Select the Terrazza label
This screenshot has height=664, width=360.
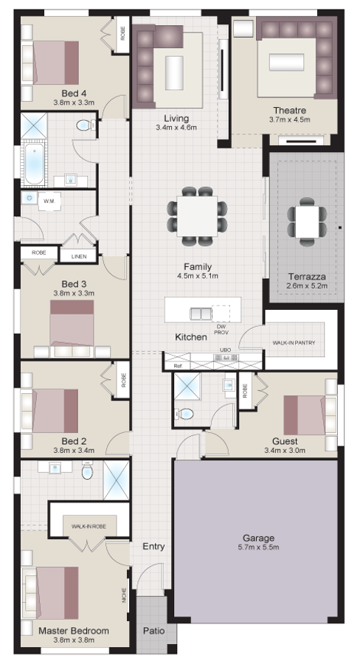(306, 277)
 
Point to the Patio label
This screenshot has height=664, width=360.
(153, 632)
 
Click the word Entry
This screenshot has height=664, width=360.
(153, 547)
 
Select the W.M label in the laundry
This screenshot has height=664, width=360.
(49, 201)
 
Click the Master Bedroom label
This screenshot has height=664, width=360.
(74, 631)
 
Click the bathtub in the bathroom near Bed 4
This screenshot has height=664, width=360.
(32, 165)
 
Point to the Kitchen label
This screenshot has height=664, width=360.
(190, 337)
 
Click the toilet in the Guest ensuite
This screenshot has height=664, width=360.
(186, 414)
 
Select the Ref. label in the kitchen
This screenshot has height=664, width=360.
(177, 366)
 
